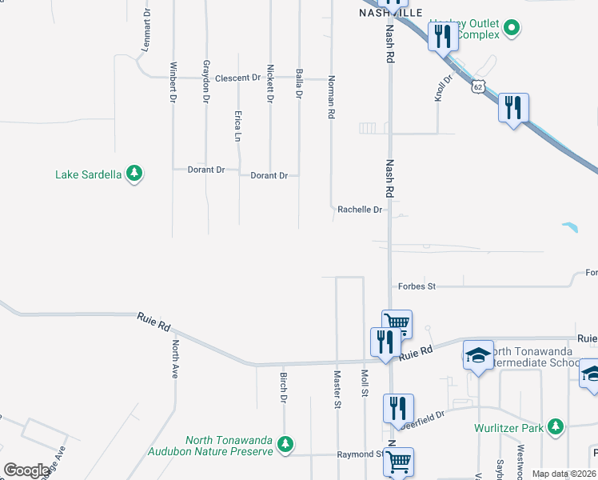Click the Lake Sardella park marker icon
pos(135,174)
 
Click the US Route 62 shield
pos(477,86)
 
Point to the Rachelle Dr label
pos(361,210)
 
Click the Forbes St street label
pos(416,286)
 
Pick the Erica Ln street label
pos(238,126)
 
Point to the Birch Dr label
pos(283,386)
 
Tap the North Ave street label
pos(175,358)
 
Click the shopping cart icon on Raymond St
pos(397,461)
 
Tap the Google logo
pos(26,470)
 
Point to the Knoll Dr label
pos(442,87)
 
